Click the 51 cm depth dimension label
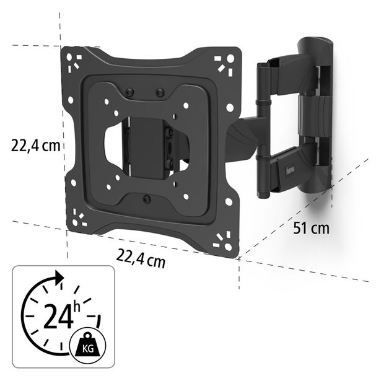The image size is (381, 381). [311, 229]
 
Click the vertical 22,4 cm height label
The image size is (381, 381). [35, 146]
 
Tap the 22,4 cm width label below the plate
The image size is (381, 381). [141, 258]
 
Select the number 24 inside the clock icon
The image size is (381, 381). [58, 316]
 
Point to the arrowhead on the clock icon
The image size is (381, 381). [59, 278]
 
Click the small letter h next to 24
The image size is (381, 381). [77, 307]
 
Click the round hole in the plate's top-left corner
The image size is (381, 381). [69, 58]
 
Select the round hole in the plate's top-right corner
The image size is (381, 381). [230, 59]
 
